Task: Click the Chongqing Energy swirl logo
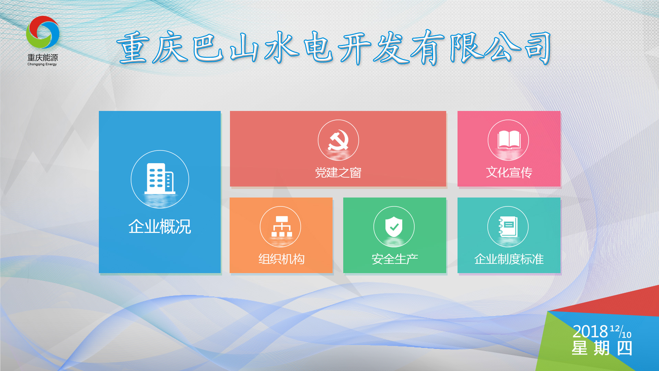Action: pyautogui.click(x=43, y=32)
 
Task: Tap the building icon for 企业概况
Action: pyautogui.click(x=160, y=179)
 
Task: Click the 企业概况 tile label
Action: pyautogui.click(x=160, y=227)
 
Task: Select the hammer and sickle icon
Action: pyautogui.click(x=338, y=140)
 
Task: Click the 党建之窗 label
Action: pyautogui.click(x=338, y=172)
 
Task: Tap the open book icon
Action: pyautogui.click(x=508, y=140)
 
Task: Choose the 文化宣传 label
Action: pyautogui.click(x=509, y=172)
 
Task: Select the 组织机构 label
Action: pyautogui.click(x=281, y=259)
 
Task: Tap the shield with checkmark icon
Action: pyautogui.click(x=394, y=226)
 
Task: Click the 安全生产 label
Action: pyautogui.click(x=395, y=259)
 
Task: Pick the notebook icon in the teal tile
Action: pyautogui.click(x=508, y=226)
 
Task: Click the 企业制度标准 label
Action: pyautogui.click(x=509, y=259)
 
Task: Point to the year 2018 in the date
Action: pyautogui.click(x=590, y=331)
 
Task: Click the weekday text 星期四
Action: pyautogui.click(x=602, y=348)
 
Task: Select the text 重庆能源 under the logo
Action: pyautogui.click(x=43, y=57)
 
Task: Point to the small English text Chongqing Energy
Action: pyautogui.click(x=42, y=64)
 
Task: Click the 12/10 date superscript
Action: pyautogui.click(x=621, y=332)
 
